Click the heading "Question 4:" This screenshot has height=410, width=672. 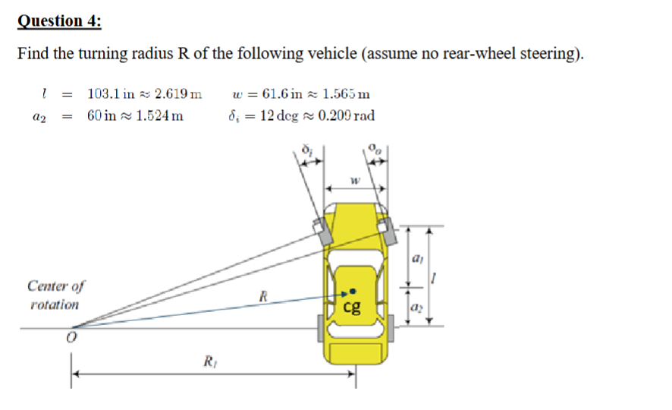(59, 20)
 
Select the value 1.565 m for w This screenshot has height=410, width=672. (346, 95)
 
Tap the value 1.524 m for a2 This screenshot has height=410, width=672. (157, 116)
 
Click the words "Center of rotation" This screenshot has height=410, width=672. (55, 295)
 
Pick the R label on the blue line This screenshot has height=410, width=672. (262, 294)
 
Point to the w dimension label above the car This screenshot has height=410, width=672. (353, 180)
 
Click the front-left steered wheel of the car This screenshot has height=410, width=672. (322, 230)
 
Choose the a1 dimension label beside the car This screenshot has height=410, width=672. (416, 259)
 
